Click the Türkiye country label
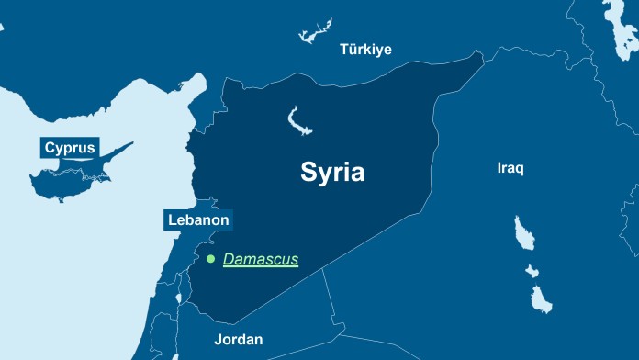point(365,49)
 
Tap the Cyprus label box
point(70,147)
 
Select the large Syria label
point(332,173)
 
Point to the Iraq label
point(510,169)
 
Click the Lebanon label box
point(198,220)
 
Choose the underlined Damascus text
point(261,260)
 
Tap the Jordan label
point(239,340)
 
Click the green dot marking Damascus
point(210,260)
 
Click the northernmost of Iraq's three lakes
point(523,233)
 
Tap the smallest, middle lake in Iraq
point(532,271)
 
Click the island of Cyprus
point(73,174)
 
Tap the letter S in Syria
point(308,173)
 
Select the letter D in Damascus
point(230,260)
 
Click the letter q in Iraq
point(521,171)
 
